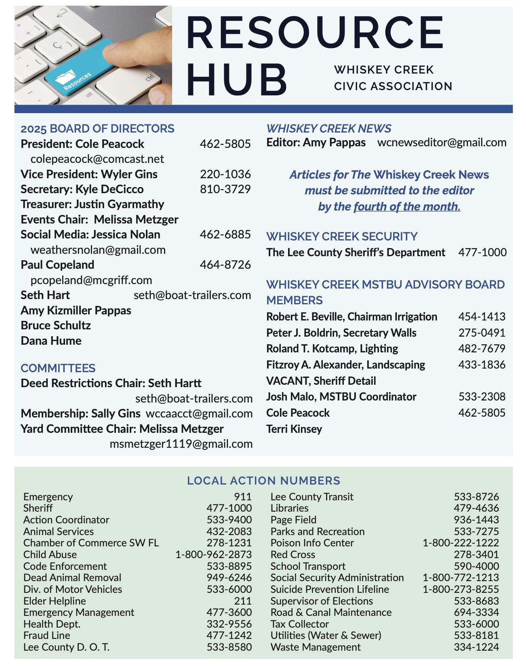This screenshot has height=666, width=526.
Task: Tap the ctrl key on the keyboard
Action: pos(150,77)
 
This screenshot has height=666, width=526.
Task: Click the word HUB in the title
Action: pos(237,80)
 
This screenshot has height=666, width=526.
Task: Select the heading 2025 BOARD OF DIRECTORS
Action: pos(97,129)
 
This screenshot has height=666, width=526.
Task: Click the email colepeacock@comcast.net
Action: pos(97,159)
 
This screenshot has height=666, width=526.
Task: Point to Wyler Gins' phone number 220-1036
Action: pos(225,174)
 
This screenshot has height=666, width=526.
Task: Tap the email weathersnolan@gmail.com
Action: pos(98,250)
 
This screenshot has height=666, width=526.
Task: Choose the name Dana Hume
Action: pos(51,341)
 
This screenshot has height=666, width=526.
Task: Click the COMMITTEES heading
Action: pos(58,368)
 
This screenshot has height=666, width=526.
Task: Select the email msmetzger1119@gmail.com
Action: pos(181,444)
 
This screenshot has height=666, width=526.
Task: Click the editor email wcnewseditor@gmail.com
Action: pos(442,142)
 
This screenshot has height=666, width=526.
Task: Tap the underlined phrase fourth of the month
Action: pos(407,207)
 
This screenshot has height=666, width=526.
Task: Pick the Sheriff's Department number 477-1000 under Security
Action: pos(482,252)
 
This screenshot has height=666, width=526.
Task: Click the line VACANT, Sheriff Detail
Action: pos(321,381)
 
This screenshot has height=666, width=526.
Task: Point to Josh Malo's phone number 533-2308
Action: pos(482,396)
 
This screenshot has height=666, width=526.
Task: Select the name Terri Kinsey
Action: pos(294,429)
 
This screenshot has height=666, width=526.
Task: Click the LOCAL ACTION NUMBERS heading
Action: pos(263,481)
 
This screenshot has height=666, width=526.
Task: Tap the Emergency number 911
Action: pos(242,497)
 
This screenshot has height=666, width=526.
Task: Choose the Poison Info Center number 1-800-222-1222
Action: pos(461,543)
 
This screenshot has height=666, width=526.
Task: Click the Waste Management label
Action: pos(316,647)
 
